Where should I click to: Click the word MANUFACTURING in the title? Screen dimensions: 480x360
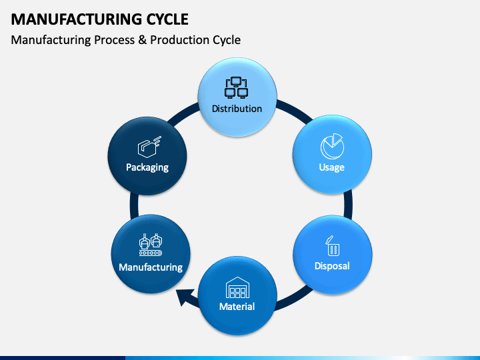click(x=76, y=19)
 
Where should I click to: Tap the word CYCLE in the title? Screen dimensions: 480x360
click(x=167, y=19)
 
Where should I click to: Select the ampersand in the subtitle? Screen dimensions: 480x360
click(x=142, y=40)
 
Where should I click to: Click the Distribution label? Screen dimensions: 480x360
click(x=237, y=109)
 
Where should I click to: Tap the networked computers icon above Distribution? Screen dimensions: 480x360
click(x=236, y=87)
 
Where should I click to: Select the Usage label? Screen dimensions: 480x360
click(x=332, y=167)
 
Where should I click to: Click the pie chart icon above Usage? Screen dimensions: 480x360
click(x=332, y=146)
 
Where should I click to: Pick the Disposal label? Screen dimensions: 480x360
click(x=332, y=266)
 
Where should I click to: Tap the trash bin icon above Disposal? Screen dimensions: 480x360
click(x=333, y=246)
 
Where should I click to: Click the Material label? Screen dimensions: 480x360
click(x=237, y=307)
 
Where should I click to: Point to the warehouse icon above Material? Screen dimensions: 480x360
click(x=237, y=287)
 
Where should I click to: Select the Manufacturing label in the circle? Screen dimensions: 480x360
click(x=151, y=267)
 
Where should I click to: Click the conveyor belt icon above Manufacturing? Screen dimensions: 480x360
click(x=151, y=245)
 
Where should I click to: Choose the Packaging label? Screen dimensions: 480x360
click(x=147, y=167)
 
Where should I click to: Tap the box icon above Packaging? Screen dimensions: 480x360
click(x=149, y=147)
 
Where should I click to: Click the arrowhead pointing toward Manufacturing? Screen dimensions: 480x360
click(x=185, y=297)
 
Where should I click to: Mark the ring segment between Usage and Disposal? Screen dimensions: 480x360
click(x=348, y=205)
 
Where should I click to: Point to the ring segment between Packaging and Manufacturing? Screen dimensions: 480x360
click(x=134, y=205)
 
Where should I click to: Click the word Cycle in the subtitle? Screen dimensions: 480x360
click(x=227, y=40)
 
